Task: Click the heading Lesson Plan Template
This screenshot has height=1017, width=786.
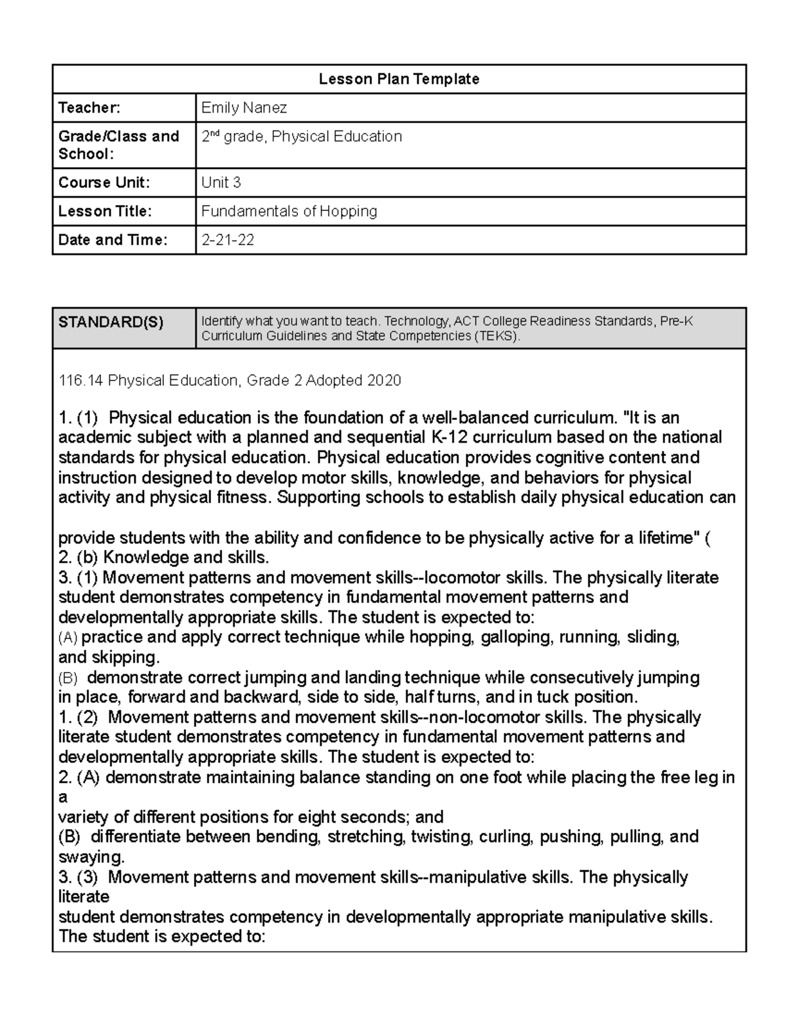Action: point(399,79)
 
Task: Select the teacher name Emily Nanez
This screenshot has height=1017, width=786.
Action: point(244,107)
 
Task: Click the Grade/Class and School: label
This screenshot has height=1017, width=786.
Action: point(119,145)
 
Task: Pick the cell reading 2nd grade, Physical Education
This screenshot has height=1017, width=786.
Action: point(301,137)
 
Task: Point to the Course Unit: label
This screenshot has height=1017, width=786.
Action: point(103,183)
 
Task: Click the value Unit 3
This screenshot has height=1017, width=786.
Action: point(221,183)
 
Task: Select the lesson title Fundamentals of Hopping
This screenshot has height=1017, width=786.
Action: point(289,212)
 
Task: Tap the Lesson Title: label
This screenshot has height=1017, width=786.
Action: point(105,212)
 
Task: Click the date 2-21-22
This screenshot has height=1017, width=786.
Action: point(227,240)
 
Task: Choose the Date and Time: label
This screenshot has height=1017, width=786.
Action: point(113,240)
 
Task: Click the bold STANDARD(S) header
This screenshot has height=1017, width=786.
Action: point(111,322)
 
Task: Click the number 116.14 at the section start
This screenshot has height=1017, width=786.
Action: point(81,380)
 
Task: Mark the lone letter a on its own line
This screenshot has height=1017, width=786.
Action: point(63,798)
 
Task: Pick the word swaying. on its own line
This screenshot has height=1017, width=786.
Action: point(91,857)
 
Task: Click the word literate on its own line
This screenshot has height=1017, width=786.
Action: point(84,897)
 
